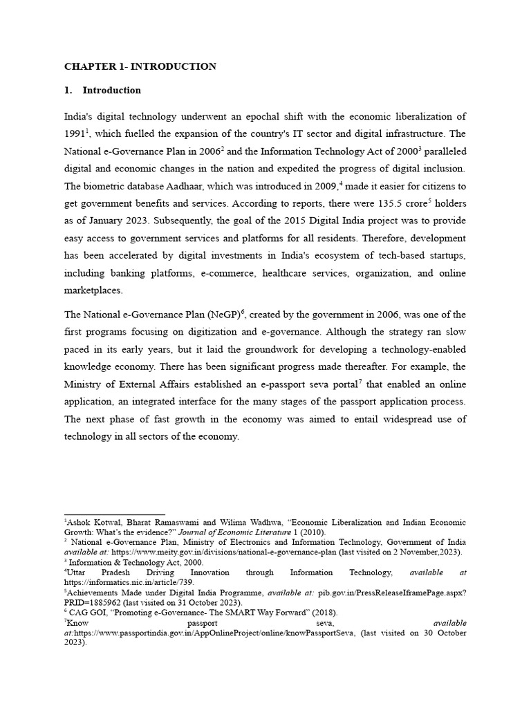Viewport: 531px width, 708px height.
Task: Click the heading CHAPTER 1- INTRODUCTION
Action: click(x=140, y=66)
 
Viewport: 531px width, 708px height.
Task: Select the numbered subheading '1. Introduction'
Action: click(x=111, y=90)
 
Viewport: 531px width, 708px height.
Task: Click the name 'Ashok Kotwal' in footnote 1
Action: click(x=89, y=523)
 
